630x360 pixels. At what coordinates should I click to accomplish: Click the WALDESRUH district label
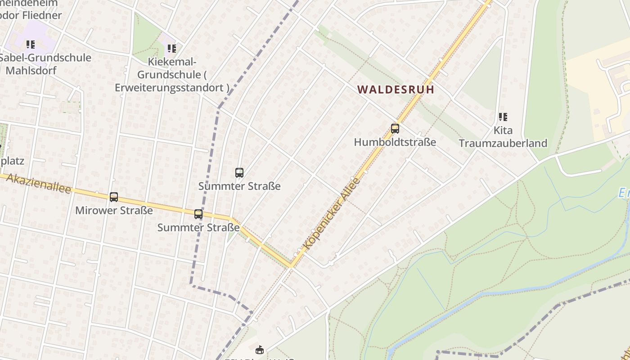[396, 90]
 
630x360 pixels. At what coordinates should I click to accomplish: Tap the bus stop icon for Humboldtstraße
[395, 129]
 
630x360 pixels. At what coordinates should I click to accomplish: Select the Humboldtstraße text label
[395, 142]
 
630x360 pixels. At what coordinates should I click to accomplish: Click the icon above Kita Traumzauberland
[503, 117]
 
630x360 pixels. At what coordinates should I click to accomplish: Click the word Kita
[503, 130]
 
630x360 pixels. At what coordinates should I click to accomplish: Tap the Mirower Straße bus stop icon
[114, 197]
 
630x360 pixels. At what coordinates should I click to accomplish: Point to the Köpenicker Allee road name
[333, 213]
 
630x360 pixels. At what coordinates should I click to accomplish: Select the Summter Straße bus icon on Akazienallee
[198, 214]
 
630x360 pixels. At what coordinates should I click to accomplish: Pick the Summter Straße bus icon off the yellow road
[239, 173]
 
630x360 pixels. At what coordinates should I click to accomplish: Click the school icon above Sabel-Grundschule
[31, 45]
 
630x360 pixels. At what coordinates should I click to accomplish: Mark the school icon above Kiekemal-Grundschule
[171, 48]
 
